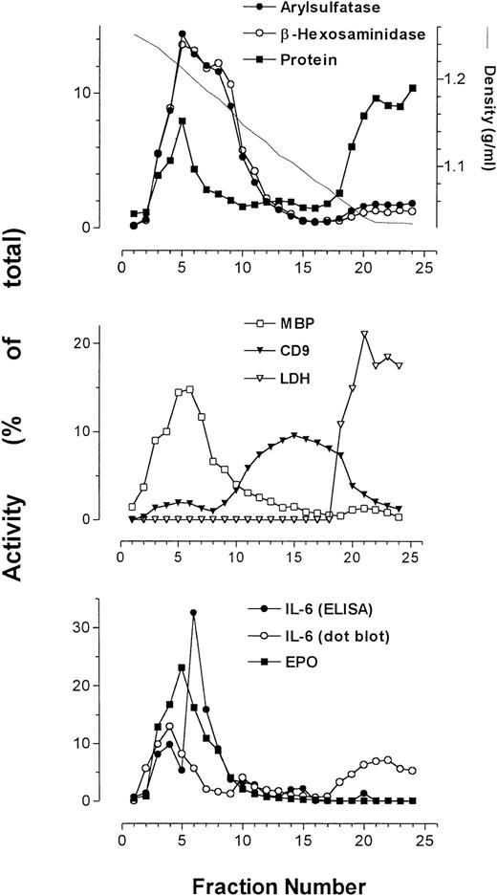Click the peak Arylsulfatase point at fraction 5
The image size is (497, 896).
[x=182, y=34]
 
